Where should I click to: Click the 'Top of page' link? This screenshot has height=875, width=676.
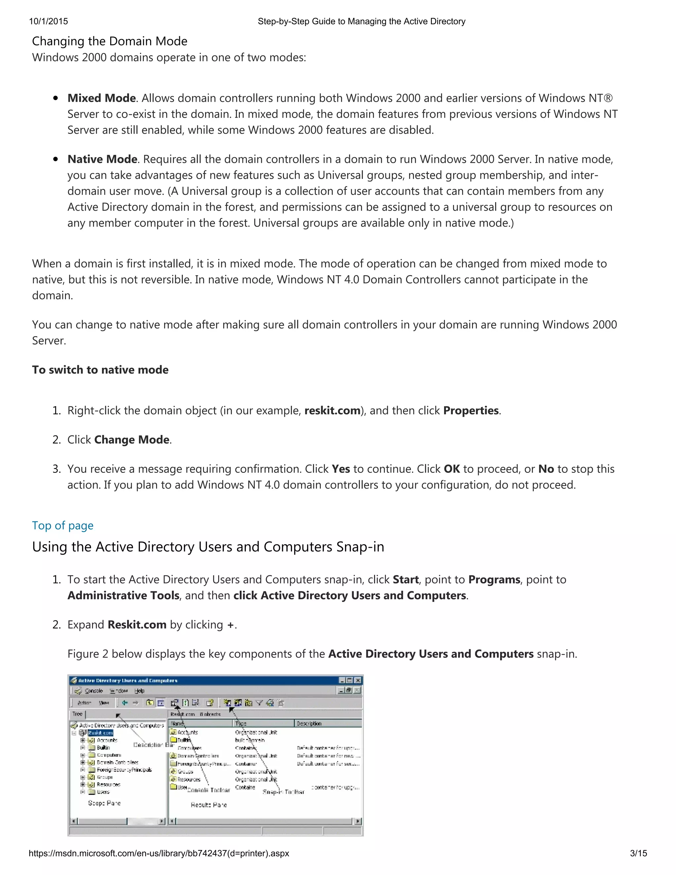coord(62,525)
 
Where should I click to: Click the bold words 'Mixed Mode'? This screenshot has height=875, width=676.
coord(101,98)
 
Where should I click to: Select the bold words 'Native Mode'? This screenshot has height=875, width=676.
coord(102,159)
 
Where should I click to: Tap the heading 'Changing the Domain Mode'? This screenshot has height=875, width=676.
coord(109,41)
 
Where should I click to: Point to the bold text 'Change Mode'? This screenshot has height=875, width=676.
coord(132,439)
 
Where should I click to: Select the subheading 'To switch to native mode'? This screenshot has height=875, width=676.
coord(100,369)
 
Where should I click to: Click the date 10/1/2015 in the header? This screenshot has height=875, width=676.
coord(49,21)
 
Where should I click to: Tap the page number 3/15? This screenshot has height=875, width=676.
coord(638,853)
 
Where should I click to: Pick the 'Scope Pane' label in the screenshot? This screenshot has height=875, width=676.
coord(104,803)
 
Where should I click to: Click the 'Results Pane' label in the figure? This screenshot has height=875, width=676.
coord(209,804)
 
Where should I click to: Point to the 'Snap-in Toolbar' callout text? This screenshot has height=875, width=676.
coord(283,792)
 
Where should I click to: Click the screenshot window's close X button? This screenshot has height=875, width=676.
coord(357,680)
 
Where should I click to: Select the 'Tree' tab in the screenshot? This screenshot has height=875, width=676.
coord(77,714)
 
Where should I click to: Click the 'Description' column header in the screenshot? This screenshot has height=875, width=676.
coord(309,723)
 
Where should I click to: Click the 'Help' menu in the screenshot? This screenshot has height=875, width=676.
coord(139,691)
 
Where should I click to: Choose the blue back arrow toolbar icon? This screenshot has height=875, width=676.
coord(125,702)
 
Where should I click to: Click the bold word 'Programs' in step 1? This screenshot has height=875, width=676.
coord(494,579)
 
